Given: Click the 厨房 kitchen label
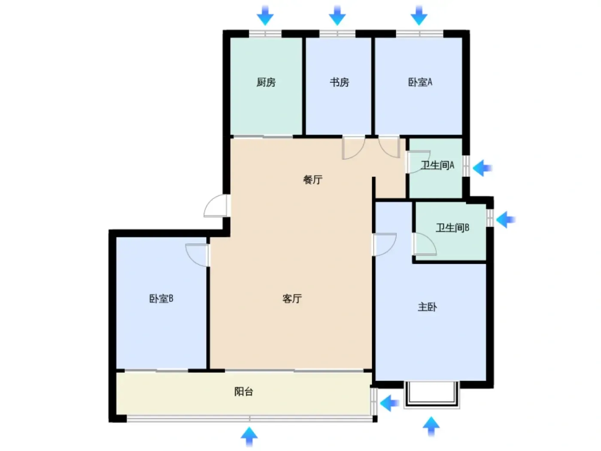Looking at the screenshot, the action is point(266,82).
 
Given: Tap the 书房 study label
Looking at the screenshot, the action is point(339,82).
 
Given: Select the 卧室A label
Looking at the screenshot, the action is point(420,82).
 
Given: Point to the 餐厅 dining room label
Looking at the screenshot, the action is point(313,180).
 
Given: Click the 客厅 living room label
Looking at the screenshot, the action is point(292,299).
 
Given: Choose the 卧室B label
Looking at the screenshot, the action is point(161,299).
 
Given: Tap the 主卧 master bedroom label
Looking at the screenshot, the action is point(427,307).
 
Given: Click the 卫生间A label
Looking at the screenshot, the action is point(437,165).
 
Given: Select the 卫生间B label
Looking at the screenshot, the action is point(452,228).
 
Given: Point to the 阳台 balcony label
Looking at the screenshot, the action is point(243,392).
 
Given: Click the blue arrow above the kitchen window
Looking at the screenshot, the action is point(265,16).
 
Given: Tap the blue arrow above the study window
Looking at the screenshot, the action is point(337,16).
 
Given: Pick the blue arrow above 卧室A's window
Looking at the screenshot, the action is point(419,16).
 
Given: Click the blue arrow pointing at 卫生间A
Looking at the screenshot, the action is point(482,168).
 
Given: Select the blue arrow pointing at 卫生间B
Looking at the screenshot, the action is point(505,219).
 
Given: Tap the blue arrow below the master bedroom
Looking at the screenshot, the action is point(431,427).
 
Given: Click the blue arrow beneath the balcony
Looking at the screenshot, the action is point(249,437).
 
